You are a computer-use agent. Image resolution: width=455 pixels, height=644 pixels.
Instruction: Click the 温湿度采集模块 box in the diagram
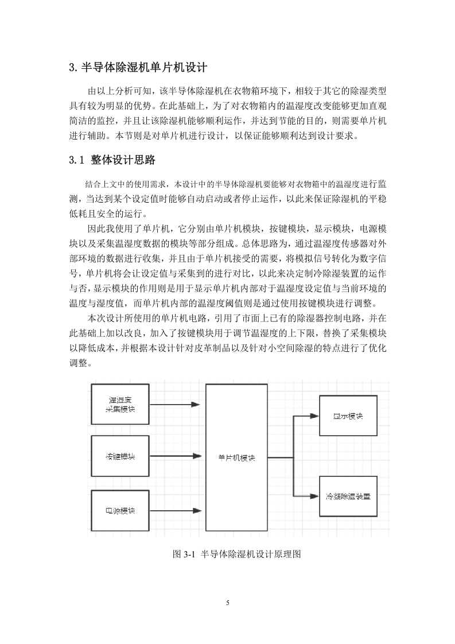click(x=120, y=404)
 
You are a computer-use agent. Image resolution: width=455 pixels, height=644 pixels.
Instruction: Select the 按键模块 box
click(x=120, y=456)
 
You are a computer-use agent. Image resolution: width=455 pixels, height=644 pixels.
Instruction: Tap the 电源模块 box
click(x=120, y=510)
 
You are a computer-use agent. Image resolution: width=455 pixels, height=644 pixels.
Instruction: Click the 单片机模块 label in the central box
click(x=236, y=458)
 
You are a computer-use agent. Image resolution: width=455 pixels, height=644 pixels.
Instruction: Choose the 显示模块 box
click(x=348, y=416)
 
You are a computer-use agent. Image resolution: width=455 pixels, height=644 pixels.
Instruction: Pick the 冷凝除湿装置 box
click(x=348, y=496)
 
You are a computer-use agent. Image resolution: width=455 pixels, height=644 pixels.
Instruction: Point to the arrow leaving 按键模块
click(x=176, y=456)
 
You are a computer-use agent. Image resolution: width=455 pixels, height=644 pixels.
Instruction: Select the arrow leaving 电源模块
click(x=176, y=511)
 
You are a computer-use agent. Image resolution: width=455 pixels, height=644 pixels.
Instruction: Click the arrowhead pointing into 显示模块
click(x=314, y=416)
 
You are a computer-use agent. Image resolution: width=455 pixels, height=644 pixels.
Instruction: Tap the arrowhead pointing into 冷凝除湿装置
click(x=314, y=496)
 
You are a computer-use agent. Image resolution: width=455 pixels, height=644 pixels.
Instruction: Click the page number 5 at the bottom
click(x=228, y=603)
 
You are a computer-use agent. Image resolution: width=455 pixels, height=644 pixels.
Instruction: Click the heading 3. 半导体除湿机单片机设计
click(x=138, y=67)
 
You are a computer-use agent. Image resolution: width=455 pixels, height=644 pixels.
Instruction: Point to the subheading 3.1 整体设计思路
click(x=112, y=160)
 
